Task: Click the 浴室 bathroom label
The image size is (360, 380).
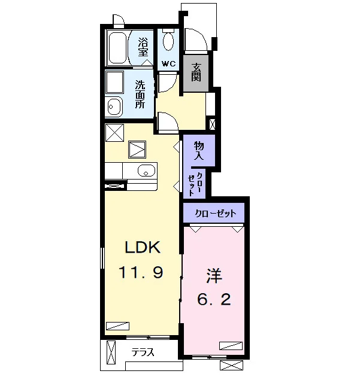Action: [x=143, y=47]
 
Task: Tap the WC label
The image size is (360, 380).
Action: [x=168, y=64]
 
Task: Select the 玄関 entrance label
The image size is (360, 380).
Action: [x=196, y=72]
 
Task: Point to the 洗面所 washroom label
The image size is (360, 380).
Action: [x=140, y=94]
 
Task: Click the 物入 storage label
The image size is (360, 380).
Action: [x=199, y=150]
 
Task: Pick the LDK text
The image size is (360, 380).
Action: [x=143, y=247]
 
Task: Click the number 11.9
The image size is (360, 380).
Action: [x=141, y=272]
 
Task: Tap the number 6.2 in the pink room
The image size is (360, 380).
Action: [x=214, y=300]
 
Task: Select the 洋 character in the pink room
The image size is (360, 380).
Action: [x=214, y=276]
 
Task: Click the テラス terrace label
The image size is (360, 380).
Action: [x=143, y=352]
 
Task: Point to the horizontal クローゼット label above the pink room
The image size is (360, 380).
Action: [x=216, y=213]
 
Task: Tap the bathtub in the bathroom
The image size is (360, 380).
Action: [x=117, y=48]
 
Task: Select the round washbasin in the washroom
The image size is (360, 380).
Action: [x=114, y=107]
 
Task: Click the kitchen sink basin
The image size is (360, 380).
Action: [x=146, y=171]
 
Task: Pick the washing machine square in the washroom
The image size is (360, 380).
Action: [x=114, y=82]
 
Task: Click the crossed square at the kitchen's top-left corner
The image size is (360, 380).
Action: [x=114, y=133]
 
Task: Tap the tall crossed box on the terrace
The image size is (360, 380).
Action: [x=111, y=352]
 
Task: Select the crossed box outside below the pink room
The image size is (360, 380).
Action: [x=231, y=366]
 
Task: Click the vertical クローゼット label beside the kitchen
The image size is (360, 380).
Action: [x=195, y=184]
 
